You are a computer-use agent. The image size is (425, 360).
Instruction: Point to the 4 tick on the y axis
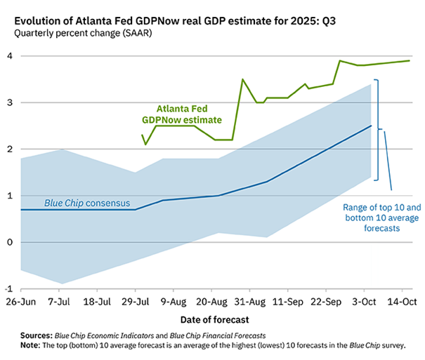(10, 56)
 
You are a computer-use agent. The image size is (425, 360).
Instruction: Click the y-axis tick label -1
(8, 288)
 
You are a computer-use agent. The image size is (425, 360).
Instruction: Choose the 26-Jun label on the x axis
(20, 301)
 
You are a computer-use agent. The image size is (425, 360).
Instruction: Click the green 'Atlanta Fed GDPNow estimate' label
(188, 114)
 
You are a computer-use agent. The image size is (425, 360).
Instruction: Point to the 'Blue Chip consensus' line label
(87, 204)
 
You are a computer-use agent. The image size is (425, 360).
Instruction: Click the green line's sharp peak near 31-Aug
(242, 79)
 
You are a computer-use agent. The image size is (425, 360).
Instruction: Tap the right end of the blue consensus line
(371, 126)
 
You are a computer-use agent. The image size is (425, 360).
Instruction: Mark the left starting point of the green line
(142, 135)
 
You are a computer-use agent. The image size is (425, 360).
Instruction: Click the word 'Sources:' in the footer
(37, 336)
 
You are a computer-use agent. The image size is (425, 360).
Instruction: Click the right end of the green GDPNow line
(410, 60)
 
